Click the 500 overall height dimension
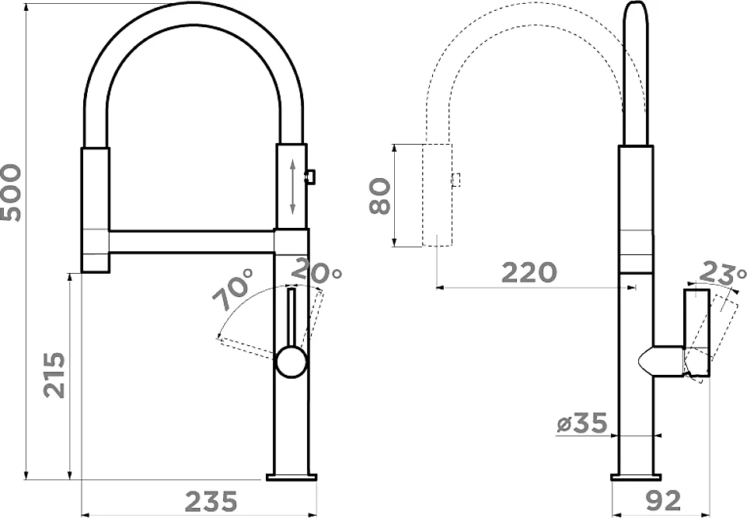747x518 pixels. pyautogui.click(x=11, y=193)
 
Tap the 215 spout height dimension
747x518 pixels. pyautogui.click(x=54, y=375)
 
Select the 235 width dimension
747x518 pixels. pyautogui.click(x=211, y=502)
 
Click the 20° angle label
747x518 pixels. pyautogui.click(x=316, y=271)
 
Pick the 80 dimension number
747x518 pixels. pyautogui.click(x=381, y=195)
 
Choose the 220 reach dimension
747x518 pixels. pyautogui.click(x=529, y=272)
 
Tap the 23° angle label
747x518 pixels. pyautogui.click(x=723, y=271)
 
